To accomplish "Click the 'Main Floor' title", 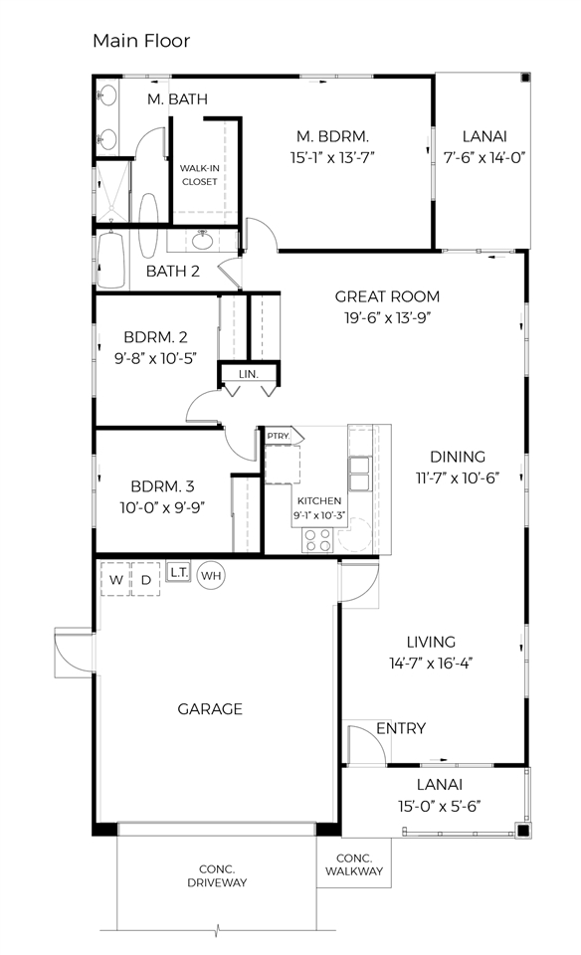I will pos(140,41).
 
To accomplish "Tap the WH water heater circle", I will pos(211,575).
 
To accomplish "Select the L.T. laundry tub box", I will pos(179,572).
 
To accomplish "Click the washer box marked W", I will pos(116,579).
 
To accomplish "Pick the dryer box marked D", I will pos(145,579).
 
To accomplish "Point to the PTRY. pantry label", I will pos(278,437).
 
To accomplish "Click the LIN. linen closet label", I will pos(249,374).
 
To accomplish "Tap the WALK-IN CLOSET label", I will pos(199,175).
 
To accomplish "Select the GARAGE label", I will pos(210,709).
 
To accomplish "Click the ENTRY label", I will pos(401,729).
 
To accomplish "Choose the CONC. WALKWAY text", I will pos(353,865).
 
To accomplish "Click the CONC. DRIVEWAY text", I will pos(216,874).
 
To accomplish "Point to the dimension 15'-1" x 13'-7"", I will pos(333,156).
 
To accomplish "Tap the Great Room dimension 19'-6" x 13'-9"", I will pos(387,317).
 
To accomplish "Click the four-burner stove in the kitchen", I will pos(317,540).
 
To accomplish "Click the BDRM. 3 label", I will pos(162,486).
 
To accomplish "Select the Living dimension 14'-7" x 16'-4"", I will pos(431,663).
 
